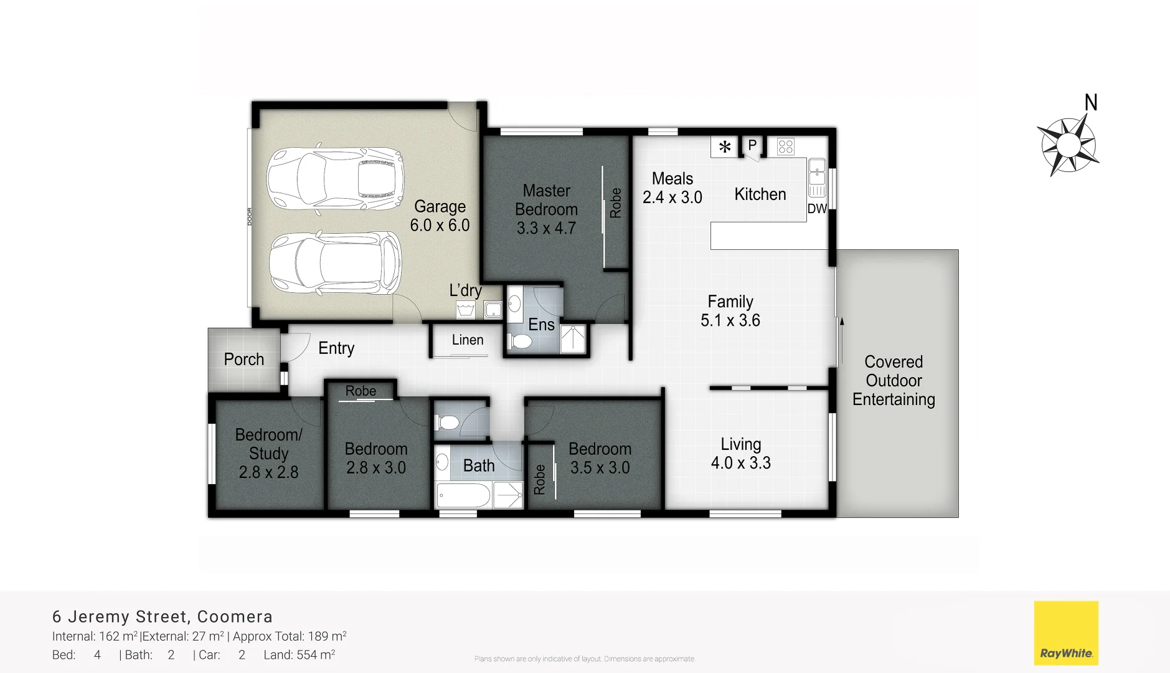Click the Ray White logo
[x=1066, y=632]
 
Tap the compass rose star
[x=1069, y=146]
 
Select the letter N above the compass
[x=1091, y=103]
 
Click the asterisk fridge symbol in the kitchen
[x=725, y=147]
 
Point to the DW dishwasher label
[x=817, y=209]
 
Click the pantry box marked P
[x=752, y=146]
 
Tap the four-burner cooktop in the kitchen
[x=786, y=147]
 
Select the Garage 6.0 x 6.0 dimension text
[x=440, y=226]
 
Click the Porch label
[x=243, y=360]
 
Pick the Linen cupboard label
[x=468, y=340]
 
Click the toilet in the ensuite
[x=521, y=341]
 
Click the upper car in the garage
[x=335, y=179]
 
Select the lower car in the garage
[x=335, y=263]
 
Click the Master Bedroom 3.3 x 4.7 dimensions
[x=546, y=229]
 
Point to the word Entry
[x=336, y=348]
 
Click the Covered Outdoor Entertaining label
[x=894, y=381]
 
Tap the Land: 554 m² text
[x=299, y=655]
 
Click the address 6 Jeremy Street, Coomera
[x=163, y=617]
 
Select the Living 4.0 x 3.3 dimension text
[x=740, y=463]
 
